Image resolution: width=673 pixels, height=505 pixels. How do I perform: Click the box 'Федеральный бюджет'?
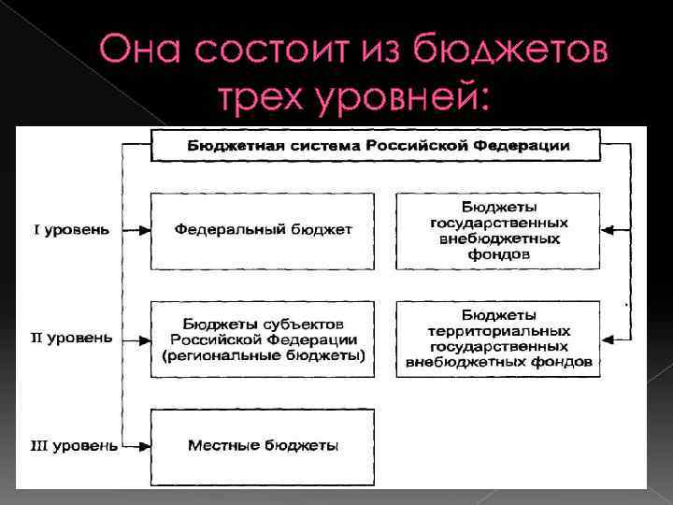[x=263, y=230]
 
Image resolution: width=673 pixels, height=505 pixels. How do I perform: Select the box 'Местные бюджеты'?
[x=263, y=446]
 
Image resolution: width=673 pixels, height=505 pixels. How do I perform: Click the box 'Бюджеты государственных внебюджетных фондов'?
[x=498, y=230]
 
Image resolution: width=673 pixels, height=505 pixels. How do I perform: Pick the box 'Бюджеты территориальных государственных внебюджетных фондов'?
[x=498, y=339]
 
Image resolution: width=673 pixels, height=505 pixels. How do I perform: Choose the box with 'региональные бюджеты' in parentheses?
[x=263, y=339]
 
